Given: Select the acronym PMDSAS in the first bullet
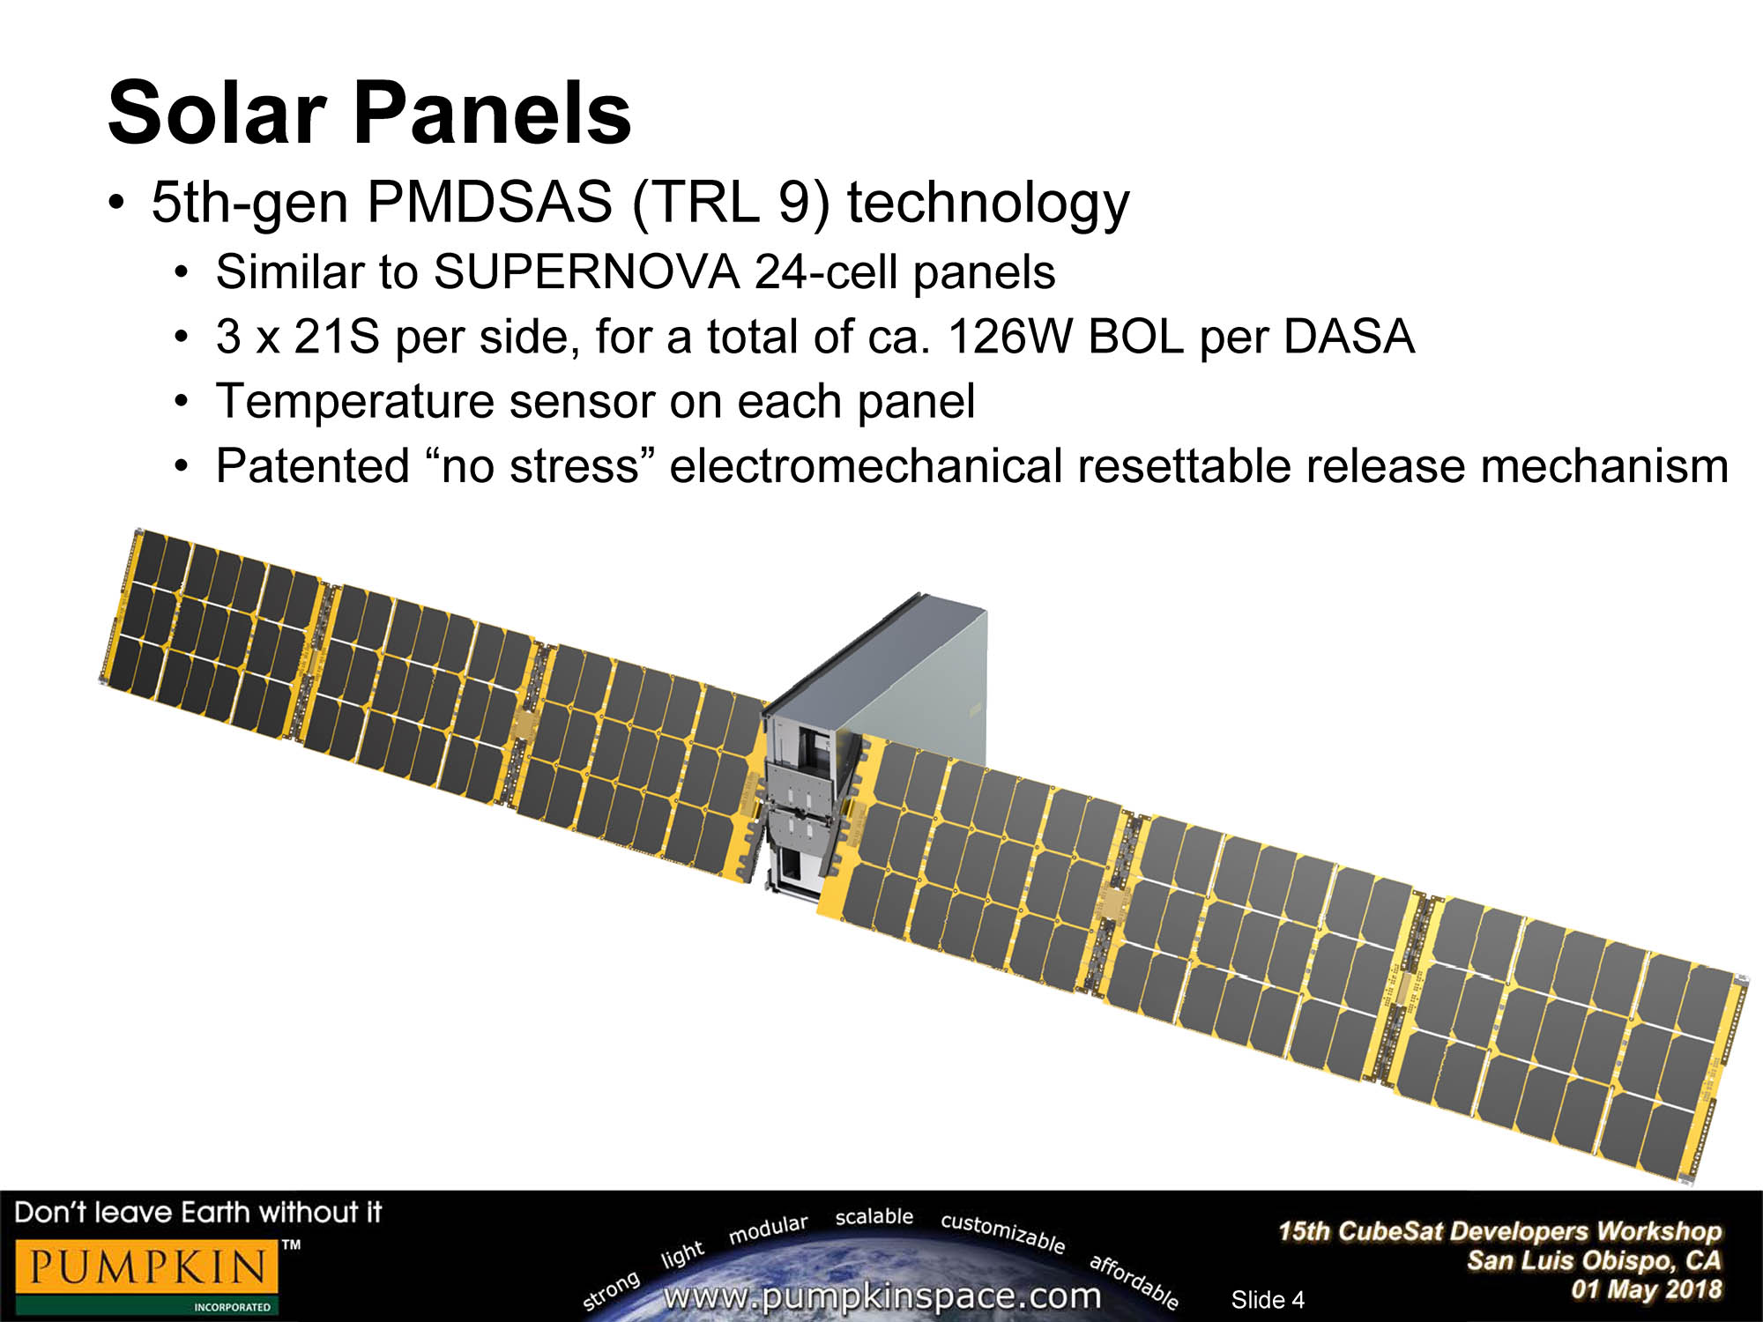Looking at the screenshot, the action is click(489, 202).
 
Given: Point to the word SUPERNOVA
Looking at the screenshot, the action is click(586, 271).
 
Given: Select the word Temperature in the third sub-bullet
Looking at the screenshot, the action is click(354, 402).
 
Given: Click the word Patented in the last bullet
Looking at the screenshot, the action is click(313, 465).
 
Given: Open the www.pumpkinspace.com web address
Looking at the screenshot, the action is click(881, 1296).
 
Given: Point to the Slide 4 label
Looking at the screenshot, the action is click(1268, 1299).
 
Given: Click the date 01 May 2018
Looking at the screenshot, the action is click(1646, 1289).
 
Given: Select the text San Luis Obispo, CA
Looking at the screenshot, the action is click(1594, 1260).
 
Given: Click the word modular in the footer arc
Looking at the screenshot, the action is click(768, 1229).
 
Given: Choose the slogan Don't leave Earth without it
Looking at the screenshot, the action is click(198, 1213).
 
